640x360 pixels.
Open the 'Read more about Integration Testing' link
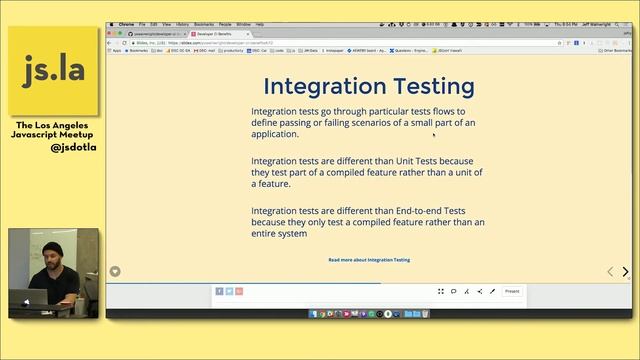click(x=369, y=260)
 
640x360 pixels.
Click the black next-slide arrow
click(x=626, y=272)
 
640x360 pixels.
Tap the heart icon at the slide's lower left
click(x=115, y=272)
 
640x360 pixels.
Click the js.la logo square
click(x=53, y=70)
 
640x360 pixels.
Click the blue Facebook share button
click(x=219, y=291)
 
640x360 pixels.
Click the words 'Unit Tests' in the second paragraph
click(x=447, y=161)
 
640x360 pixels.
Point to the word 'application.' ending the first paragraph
click(x=275, y=134)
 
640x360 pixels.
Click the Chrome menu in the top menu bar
click(x=126, y=23)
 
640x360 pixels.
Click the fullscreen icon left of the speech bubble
click(x=440, y=291)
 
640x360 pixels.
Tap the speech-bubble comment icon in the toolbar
click(x=453, y=291)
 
